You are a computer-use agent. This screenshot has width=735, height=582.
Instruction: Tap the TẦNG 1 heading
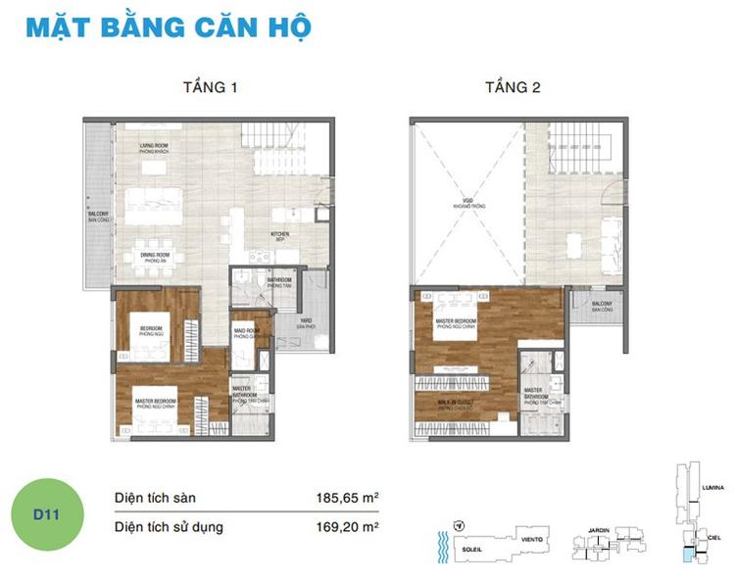click(x=210, y=87)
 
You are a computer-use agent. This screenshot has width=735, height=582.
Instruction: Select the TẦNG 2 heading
click(x=513, y=87)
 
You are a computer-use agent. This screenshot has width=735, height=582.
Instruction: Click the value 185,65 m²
click(x=344, y=498)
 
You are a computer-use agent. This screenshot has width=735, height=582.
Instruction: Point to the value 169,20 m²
click(x=344, y=527)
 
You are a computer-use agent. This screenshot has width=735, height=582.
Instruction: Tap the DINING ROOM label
click(x=158, y=258)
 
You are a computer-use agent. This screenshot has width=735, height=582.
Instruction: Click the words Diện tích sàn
click(x=157, y=498)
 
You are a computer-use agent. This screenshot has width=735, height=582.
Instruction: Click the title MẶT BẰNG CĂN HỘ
click(x=168, y=26)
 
